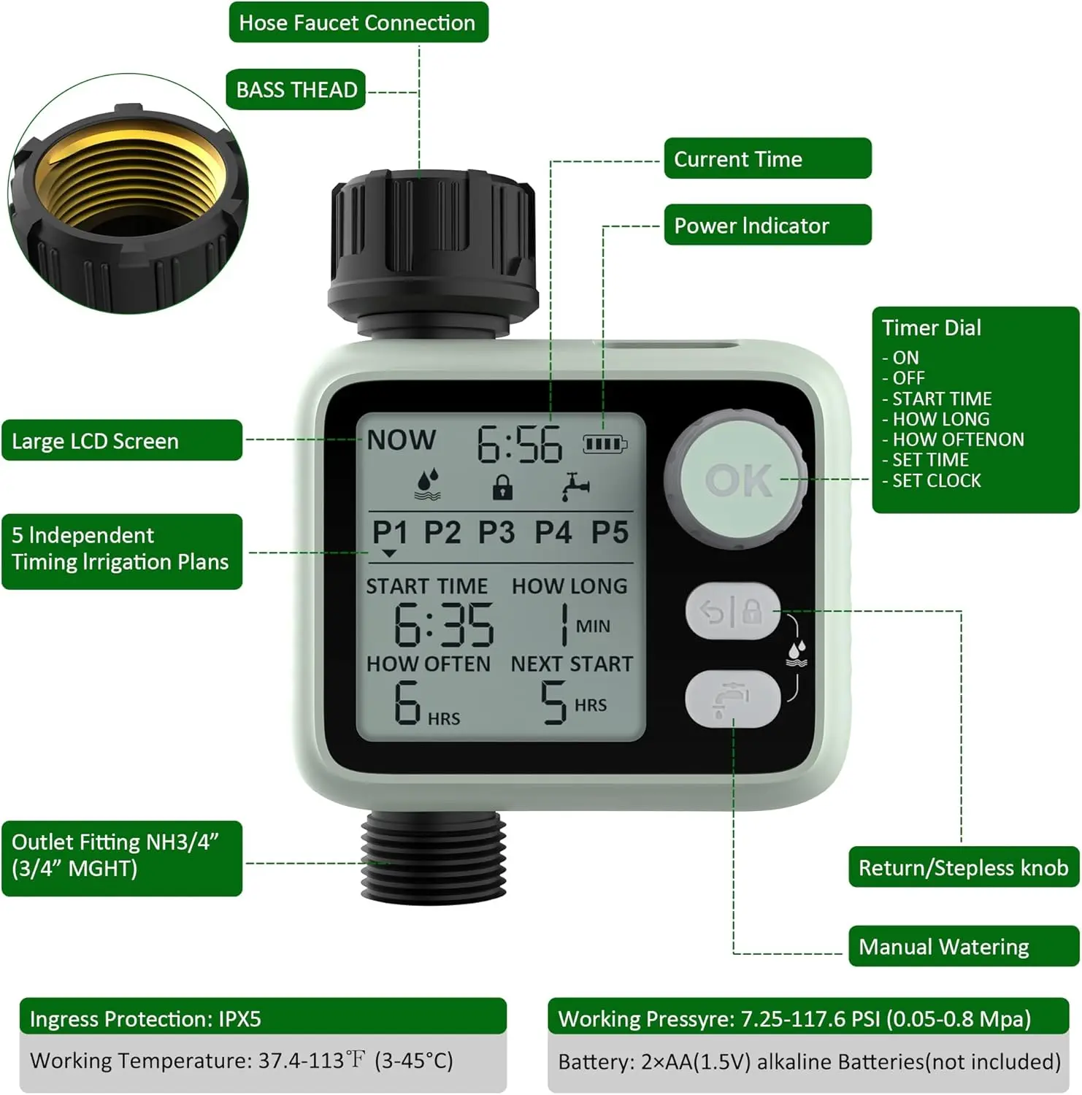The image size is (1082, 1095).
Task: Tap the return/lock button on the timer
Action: pos(732,611)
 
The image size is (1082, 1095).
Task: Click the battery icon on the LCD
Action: pos(605,443)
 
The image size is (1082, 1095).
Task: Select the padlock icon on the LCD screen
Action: pos(502,487)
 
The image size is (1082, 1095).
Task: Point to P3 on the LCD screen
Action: pos(496,532)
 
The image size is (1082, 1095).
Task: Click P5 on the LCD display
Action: pos(610,532)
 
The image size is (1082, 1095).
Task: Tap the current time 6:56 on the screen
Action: pos(520,445)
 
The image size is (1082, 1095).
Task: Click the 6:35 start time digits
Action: pos(444,625)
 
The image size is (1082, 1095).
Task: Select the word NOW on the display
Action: pos(402,439)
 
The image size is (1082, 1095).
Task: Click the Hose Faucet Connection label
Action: pos(358,23)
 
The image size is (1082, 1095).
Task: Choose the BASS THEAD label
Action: pos(296,90)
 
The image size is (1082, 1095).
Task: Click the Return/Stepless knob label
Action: pos(963,867)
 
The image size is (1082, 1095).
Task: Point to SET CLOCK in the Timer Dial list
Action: pos(937,480)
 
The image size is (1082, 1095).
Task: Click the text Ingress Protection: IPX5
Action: pos(145,1018)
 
